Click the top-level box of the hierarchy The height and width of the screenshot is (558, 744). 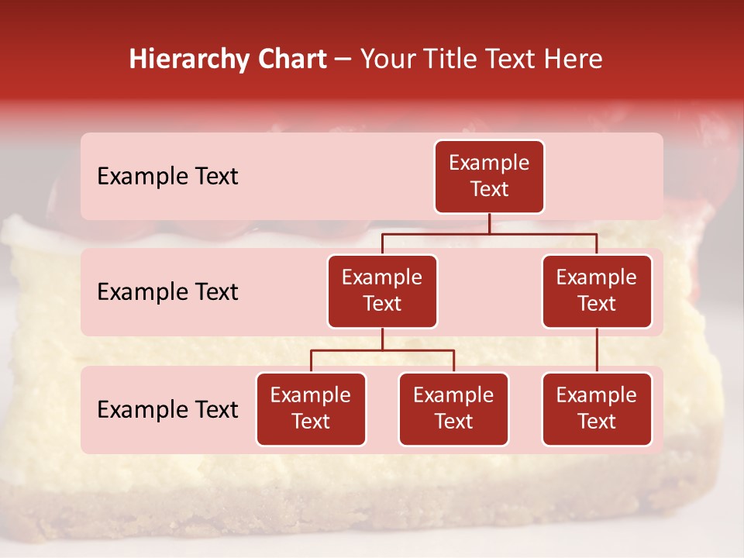tap(489, 177)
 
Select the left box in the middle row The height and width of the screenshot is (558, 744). tap(382, 291)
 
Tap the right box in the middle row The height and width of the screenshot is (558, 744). tap(597, 291)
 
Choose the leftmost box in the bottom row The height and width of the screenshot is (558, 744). tap(311, 409)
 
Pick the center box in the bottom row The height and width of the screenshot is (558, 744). tap(453, 409)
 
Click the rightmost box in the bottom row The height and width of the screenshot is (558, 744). tap(597, 409)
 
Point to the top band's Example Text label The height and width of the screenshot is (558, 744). tap(167, 177)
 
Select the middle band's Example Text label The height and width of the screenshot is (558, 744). tap(167, 292)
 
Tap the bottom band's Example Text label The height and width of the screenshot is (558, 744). tap(167, 410)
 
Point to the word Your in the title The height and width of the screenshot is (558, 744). tap(384, 59)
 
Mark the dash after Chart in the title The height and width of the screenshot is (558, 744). tap(343, 60)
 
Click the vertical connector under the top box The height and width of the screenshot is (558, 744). tap(489, 223)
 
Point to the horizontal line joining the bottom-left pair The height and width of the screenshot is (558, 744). tap(382, 350)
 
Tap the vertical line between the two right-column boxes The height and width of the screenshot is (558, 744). tap(597, 350)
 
